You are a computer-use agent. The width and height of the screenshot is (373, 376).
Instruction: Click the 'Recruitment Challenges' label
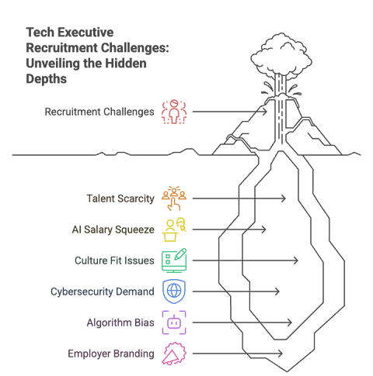[99, 112]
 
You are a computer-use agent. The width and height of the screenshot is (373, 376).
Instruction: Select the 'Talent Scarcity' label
[120, 198]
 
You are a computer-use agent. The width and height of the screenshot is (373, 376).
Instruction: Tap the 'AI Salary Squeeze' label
[113, 229]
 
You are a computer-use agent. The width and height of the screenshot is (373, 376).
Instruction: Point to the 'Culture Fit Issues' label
[114, 260]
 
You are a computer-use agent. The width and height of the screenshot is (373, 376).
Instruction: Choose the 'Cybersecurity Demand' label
[103, 291]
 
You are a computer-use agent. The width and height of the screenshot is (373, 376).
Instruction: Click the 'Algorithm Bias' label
[120, 323]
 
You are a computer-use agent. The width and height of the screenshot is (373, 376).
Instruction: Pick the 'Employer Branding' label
[111, 354]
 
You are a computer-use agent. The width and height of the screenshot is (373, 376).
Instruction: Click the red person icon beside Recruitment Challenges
[174, 112]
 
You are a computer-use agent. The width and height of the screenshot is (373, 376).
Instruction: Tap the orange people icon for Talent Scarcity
[174, 198]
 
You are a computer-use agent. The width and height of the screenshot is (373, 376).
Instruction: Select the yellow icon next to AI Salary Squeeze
[174, 229]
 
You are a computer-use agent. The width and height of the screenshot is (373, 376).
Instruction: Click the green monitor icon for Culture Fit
[174, 260]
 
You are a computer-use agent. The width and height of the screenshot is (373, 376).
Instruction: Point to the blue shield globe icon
[174, 291]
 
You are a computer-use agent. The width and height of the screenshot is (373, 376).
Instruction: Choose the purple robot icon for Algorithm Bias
[174, 323]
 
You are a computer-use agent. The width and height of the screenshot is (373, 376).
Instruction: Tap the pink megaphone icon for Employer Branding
[174, 354]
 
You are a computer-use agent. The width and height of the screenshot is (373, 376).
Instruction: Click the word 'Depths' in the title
[47, 79]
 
